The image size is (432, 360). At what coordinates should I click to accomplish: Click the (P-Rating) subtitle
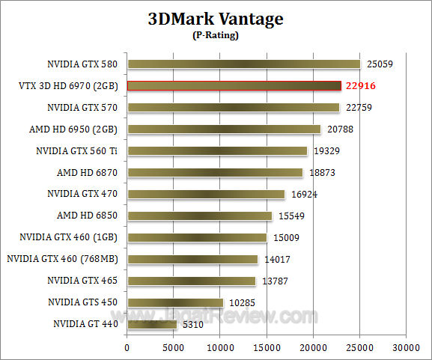(216, 34)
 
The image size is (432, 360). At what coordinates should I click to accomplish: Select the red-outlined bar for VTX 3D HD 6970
(234, 85)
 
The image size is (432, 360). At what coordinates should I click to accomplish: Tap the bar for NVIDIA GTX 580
(243, 64)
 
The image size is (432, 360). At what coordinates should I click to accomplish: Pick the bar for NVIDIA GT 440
(152, 324)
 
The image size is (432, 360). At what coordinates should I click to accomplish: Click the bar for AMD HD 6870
(215, 172)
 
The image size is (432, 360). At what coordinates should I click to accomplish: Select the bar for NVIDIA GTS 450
(175, 302)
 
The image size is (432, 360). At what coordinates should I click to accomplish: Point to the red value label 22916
(360, 86)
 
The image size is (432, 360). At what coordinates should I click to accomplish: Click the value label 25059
(378, 64)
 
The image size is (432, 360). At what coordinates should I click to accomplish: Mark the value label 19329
(325, 151)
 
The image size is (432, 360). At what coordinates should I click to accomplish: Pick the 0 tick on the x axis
(127, 348)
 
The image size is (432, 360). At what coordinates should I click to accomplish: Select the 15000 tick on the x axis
(267, 348)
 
